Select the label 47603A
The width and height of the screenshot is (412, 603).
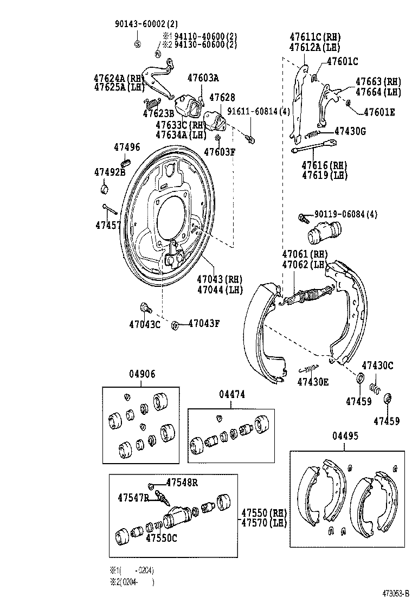pyautogui.click(x=203, y=78)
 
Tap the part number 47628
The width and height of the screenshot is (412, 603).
pyautogui.click(x=222, y=98)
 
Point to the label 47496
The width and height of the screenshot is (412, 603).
pyautogui.click(x=127, y=147)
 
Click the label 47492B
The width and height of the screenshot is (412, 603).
pyautogui.click(x=110, y=172)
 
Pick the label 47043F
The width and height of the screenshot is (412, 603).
pyautogui.click(x=204, y=324)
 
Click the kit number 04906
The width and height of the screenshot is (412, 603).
pyautogui.click(x=142, y=374)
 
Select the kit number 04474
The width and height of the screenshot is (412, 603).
pyautogui.click(x=232, y=395)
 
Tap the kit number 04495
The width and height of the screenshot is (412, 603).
pyautogui.click(x=345, y=437)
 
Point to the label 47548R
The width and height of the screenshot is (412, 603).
pyautogui.click(x=182, y=483)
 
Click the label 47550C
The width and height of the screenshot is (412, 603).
pyautogui.click(x=161, y=537)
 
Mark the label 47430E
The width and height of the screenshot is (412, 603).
pyautogui.click(x=313, y=382)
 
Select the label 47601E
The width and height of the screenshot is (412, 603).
pyautogui.click(x=379, y=112)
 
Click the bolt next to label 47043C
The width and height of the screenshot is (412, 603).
pyautogui.click(x=145, y=308)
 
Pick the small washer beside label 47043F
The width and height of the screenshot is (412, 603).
pyautogui.click(x=175, y=325)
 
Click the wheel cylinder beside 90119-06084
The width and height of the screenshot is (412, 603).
pyautogui.click(x=323, y=233)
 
